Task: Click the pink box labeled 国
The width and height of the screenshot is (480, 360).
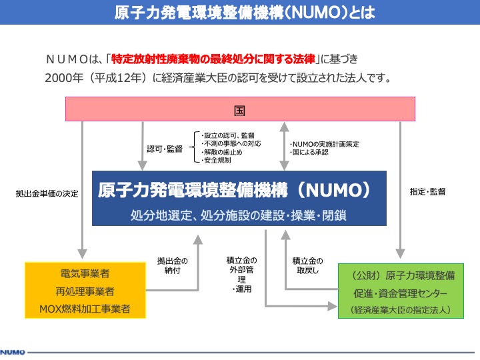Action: pyautogui.click(x=240, y=109)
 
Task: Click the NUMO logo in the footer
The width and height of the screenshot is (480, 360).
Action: pyautogui.click(x=13, y=352)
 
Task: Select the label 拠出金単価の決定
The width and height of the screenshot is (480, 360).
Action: pyautogui.click(x=47, y=193)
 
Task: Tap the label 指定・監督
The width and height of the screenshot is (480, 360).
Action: pyautogui.click(x=427, y=191)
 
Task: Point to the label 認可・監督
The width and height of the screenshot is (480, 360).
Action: pyautogui.click(x=165, y=149)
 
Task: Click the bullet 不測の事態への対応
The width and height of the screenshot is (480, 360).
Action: pyautogui.click(x=231, y=143)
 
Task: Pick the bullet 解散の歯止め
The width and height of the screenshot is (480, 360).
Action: pyautogui.click(x=221, y=152)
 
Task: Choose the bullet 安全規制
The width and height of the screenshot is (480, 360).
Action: pyautogui.click(x=216, y=160)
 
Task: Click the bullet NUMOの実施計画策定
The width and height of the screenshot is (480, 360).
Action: pyautogui.click(x=325, y=144)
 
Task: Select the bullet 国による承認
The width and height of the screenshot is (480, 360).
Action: pyautogui.click(x=309, y=152)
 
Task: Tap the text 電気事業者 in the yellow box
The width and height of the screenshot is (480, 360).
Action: pyautogui.click(x=85, y=273)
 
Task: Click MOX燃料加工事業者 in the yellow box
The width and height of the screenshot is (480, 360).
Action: pyautogui.click(x=85, y=309)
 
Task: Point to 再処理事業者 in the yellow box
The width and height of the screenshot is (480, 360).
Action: pyautogui.click(x=85, y=291)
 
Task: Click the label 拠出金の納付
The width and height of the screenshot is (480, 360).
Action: pyautogui.click(x=173, y=266)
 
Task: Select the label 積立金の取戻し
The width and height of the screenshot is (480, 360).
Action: pyautogui.click(x=307, y=266)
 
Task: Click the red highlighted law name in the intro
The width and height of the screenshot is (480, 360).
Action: pyautogui.click(x=213, y=59)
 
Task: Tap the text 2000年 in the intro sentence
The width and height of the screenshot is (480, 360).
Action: pyautogui.click(x=64, y=78)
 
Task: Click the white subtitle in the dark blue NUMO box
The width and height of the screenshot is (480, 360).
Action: pyautogui.click(x=239, y=215)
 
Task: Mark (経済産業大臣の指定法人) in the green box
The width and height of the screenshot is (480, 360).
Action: pyautogui.click(x=401, y=310)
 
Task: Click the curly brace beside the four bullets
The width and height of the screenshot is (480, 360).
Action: pyautogui.click(x=193, y=147)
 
